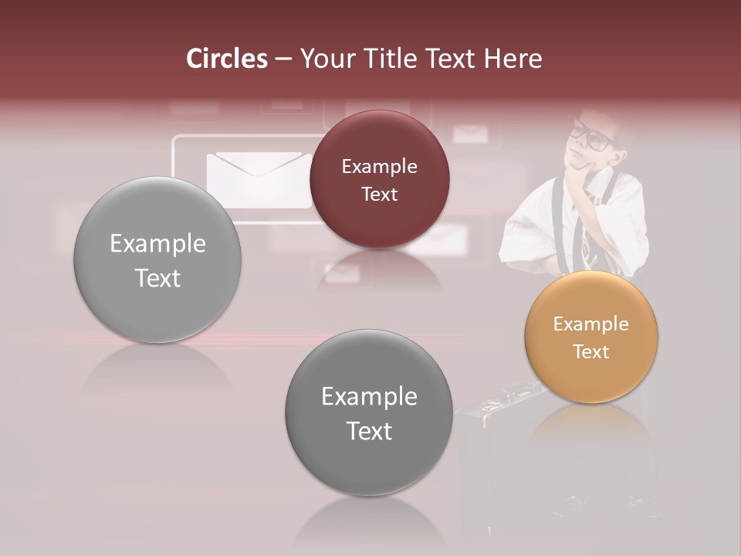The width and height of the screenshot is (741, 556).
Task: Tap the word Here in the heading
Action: click(x=513, y=59)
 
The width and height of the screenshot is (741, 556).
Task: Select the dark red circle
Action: click(x=379, y=179)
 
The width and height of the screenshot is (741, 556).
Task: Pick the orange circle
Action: click(x=591, y=337)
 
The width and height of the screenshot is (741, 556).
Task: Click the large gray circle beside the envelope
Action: click(x=157, y=260)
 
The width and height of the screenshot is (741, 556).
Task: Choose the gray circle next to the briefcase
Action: click(x=369, y=413)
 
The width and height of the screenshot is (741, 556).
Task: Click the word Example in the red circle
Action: click(x=379, y=166)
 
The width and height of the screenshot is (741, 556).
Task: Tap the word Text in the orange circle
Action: click(x=591, y=351)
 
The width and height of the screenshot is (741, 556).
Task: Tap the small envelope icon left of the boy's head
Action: click(x=470, y=134)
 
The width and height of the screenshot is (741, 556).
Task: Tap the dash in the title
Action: click(x=283, y=59)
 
